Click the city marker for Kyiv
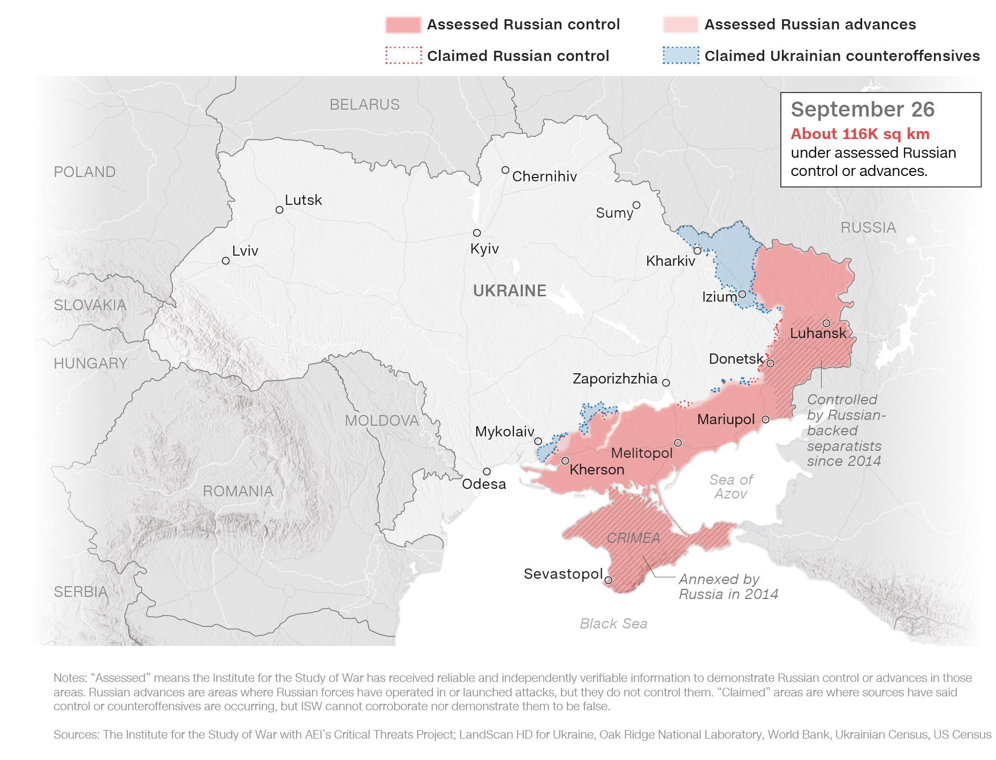[x=477, y=233]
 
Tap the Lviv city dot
[x=226, y=261]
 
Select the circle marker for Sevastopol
[x=609, y=580]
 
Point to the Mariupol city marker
[x=765, y=419]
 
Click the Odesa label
[x=484, y=484]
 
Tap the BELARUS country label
[x=364, y=104]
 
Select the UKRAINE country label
[x=510, y=290]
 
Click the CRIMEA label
[x=633, y=538]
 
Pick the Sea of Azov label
[x=731, y=487]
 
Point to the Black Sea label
[x=613, y=624]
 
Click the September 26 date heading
[x=862, y=110]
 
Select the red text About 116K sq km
[x=860, y=134]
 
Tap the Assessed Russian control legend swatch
[x=403, y=25]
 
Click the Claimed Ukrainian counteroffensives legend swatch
[x=681, y=56]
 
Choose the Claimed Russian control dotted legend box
[x=403, y=56]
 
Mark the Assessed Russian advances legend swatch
[x=681, y=25]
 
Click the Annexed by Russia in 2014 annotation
[x=728, y=587]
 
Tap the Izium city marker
[x=742, y=294]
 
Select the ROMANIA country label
[x=238, y=491]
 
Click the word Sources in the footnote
[x=75, y=734]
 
